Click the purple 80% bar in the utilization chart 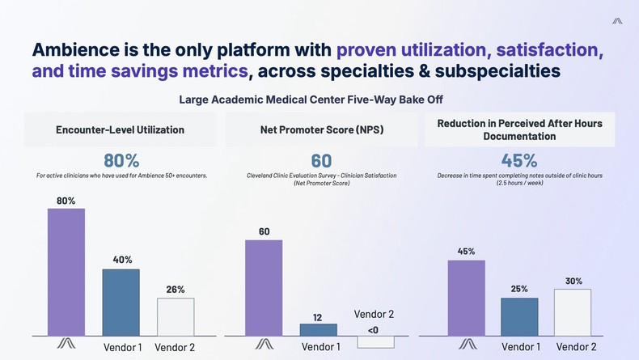click(x=66, y=272)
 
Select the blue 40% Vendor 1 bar click(x=121, y=302)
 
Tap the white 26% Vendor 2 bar click(x=175, y=316)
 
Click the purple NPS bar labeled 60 click(x=264, y=287)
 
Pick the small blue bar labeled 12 click(x=318, y=329)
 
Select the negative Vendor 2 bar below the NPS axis click(x=375, y=341)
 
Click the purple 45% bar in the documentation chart click(x=466, y=297)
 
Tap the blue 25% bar click(x=519, y=316)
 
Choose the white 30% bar click(x=573, y=311)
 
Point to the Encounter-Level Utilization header click(x=120, y=129)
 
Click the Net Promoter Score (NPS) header click(x=321, y=129)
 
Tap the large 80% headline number click(x=121, y=159)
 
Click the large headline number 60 click(x=321, y=159)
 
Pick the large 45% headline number click(x=519, y=159)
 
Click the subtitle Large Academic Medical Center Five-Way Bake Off click(x=321, y=100)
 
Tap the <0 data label click(x=372, y=329)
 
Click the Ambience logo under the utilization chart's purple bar click(x=66, y=344)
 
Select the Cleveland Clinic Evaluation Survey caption click(x=321, y=176)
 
